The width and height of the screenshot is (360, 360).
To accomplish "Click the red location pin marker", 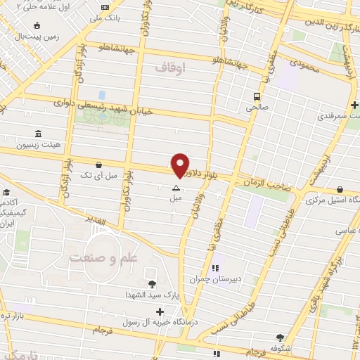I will click(x=180, y=165).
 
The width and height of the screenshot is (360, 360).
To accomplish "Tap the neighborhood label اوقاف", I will click(x=172, y=68).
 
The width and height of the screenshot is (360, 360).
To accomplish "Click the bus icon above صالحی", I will click(x=257, y=96).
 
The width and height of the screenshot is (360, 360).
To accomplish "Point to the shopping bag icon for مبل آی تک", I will click(x=105, y=164).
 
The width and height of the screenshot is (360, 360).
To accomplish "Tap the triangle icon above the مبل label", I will click(x=176, y=188).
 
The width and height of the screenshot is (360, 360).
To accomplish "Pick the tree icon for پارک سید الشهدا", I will click(x=152, y=283).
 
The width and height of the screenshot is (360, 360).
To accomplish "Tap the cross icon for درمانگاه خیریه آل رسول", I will click(x=160, y=311).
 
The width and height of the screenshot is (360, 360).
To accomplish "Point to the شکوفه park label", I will click(x=280, y=347).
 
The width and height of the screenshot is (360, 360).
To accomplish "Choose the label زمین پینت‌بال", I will click(x=32, y=34).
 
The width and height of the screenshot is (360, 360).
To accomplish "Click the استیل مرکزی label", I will click(x=332, y=200).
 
